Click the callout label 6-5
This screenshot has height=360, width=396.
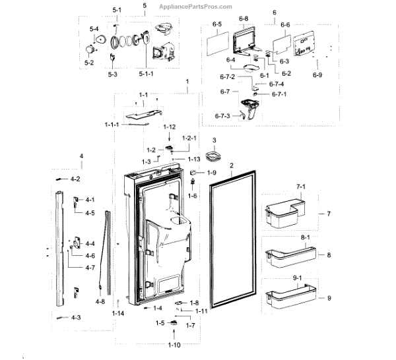(217, 24)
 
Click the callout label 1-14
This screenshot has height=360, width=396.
(117, 313)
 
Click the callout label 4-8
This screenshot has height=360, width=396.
(100, 301)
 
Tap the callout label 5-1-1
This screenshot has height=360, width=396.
(146, 74)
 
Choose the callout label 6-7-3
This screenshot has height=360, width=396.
(222, 117)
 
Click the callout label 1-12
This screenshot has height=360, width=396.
(169, 127)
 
